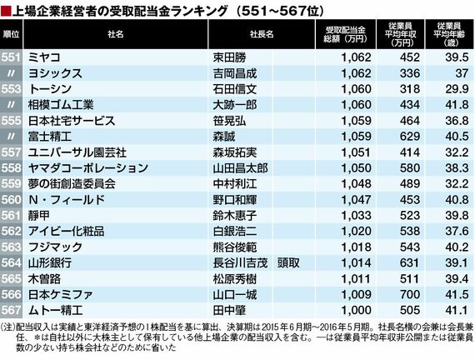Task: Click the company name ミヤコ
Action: tap(44, 57)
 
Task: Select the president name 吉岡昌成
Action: tap(235, 73)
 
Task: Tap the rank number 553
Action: tap(11, 89)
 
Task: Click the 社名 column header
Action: tap(116, 34)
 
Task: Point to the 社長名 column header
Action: tap(262, 34)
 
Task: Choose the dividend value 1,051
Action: tap(356, 152)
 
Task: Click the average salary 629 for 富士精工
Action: tap(409, 137)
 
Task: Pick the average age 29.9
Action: tap(457, 89)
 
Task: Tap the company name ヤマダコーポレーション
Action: tap(88, 168)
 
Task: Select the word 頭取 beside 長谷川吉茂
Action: tap(288, 263)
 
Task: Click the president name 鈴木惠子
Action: tap(235, 216)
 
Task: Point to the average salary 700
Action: tap(409, 294)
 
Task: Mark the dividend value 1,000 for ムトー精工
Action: tap(356, 310)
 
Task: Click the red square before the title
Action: tap(6, 11)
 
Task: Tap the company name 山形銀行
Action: tap(50, 263)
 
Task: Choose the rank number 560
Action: tap(11, 200)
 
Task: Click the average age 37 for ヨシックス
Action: tap(462, 73)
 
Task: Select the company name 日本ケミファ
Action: tap(60, 294)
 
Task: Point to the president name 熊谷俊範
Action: tap(235, 247)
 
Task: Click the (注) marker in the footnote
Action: tap(7, 327)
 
